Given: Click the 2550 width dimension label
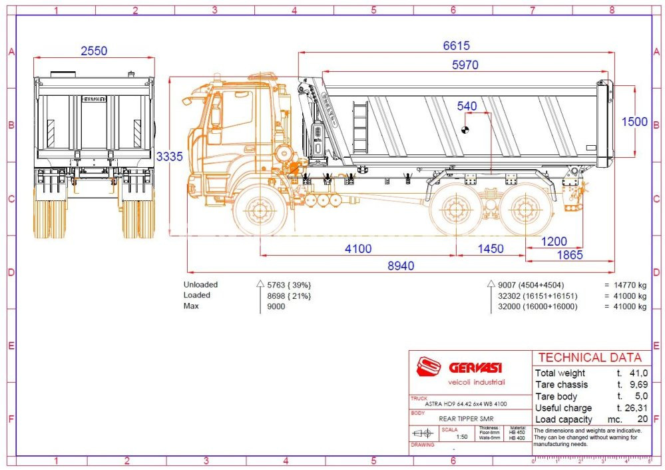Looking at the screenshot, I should pos(94,51).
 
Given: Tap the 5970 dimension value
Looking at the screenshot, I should pos(465,65).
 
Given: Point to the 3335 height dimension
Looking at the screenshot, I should pos(169,156).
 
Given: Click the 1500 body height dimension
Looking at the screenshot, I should pos(634,121).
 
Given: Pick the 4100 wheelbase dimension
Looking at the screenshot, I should pos(358,248).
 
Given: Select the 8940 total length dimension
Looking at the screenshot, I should pos(401,266).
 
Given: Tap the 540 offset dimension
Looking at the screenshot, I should pos(467,106).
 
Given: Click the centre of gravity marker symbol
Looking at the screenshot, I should pos(465,129).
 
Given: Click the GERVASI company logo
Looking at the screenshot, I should pos(459,368).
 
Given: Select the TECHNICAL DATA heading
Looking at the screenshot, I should pos(590,357).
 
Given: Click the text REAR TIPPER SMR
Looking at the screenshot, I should pos(466,418).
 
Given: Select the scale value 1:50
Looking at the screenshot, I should pos(461,437).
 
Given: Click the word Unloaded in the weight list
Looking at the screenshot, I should pos(200,284).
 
